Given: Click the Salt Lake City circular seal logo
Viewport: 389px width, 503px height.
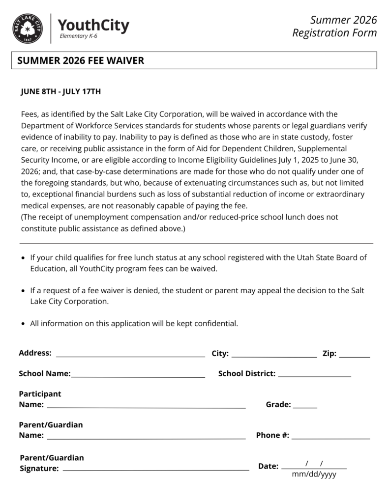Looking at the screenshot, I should [x=28, y=28].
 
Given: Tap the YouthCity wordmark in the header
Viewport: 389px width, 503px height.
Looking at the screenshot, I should [x=93, y=25].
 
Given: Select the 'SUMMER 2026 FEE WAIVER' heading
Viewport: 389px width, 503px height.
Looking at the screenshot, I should [x=81, y=60].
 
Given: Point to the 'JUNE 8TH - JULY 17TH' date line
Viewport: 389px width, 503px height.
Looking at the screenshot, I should [x=60, y=91].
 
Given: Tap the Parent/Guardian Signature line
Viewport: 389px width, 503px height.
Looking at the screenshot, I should [x=156, y=470].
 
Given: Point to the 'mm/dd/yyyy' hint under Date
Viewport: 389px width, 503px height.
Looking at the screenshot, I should [x=314, y=475].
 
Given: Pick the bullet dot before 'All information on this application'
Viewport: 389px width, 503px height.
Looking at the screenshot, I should [x=24, y=324].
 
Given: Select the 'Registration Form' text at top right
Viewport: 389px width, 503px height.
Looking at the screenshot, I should [x=334, y=33].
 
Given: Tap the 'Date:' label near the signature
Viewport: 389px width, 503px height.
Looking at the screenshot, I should [x=268, y=466].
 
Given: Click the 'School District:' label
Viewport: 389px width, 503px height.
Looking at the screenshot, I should [x=246, y=374].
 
